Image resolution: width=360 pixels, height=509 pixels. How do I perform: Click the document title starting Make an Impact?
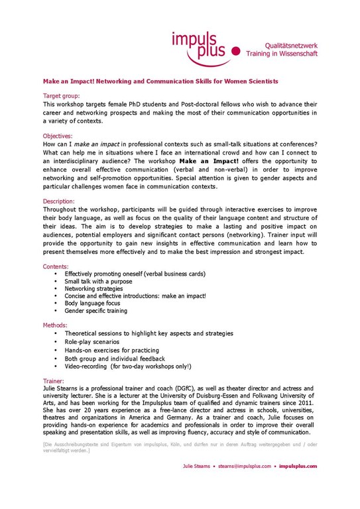tap(160, 81)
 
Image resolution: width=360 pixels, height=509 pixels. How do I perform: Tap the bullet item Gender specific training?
tap(95, 310)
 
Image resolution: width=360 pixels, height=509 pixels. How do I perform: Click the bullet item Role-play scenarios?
tap(92, 341)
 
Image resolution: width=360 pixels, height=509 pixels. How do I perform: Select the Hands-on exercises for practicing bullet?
tap(111, 350)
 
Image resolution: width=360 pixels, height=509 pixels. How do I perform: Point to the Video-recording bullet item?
tap(127, 366)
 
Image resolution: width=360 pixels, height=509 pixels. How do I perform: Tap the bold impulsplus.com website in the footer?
tap(298, 466)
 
